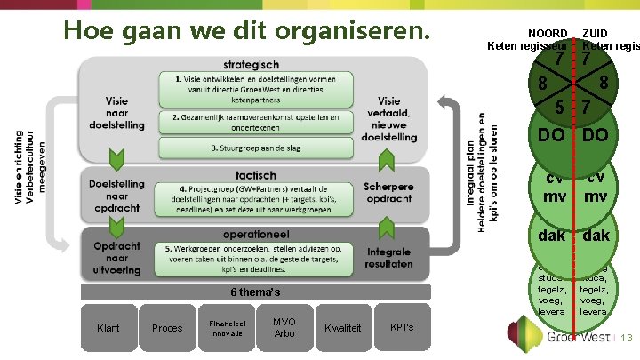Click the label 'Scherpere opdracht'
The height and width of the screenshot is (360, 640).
(x=388, y=193)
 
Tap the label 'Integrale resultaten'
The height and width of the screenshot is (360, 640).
(x=388, y=259)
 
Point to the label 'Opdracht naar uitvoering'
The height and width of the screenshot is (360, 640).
(x=116, y=252)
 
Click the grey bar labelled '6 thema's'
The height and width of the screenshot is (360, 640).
(x=255, y=292)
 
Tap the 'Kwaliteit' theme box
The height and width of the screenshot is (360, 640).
(x=343, y=328)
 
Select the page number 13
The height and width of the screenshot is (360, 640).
(x=626, y=339)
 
